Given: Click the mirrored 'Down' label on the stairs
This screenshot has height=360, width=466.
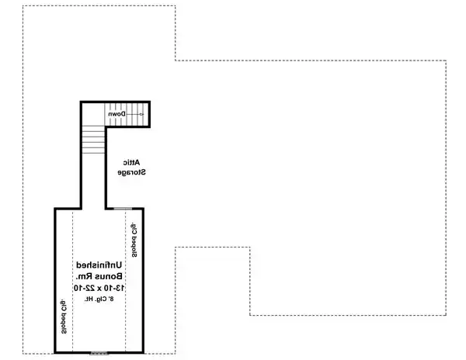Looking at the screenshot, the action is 116,115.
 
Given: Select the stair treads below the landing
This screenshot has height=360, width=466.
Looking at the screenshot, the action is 92,140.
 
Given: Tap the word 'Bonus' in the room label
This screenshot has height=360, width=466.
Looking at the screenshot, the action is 110,276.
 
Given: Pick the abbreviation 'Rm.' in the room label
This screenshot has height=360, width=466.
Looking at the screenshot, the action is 81,276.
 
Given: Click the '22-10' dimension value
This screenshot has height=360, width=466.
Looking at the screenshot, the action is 82,288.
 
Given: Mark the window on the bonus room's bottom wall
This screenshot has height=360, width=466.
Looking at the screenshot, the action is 99,352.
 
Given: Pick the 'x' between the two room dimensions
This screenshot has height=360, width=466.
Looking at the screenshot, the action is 99,288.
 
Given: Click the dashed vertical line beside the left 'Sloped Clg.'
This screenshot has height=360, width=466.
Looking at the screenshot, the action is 72,279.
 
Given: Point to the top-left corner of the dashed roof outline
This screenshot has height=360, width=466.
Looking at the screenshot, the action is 23,7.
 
